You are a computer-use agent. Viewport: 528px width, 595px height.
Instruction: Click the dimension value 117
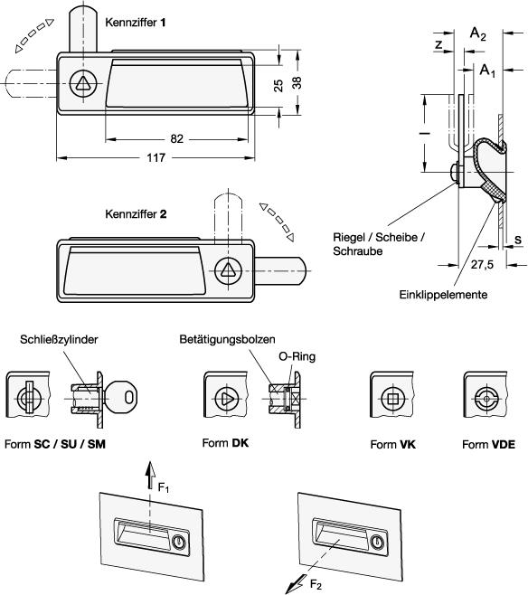156,157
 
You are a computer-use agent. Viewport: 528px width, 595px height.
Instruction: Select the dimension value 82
177,139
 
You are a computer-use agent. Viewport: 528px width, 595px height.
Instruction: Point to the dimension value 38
297,82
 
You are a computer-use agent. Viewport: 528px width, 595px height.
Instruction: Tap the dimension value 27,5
482,264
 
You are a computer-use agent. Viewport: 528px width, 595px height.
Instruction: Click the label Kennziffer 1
136,23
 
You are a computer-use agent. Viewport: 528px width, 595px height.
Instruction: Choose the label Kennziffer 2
136,214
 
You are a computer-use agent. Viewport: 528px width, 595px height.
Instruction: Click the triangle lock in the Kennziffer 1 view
83,83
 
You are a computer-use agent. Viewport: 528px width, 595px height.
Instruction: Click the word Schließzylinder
59,339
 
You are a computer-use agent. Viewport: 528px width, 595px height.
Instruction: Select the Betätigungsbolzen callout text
227,339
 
